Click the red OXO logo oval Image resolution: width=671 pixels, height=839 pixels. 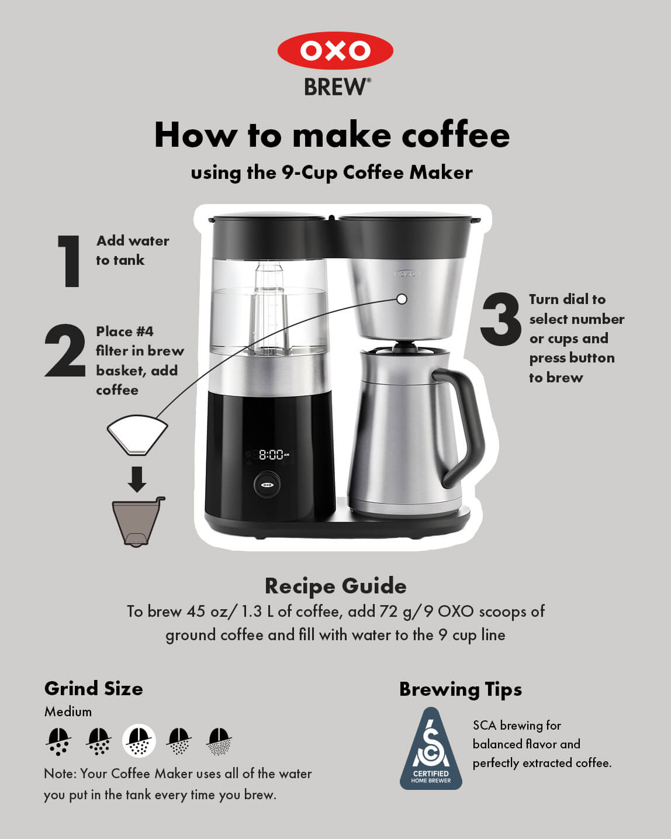point(335,51)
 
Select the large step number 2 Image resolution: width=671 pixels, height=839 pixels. point(65,351)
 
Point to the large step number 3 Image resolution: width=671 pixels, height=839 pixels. point(501,319)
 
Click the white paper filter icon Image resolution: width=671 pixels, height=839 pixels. point(137,434)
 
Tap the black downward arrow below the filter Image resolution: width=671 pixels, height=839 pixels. point(137,479)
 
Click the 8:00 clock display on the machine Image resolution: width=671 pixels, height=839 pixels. point(271,454)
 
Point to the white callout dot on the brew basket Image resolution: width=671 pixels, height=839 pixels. point(402,299)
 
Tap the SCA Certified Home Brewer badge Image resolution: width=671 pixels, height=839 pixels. point(431,750)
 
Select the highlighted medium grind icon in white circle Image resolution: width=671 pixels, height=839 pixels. point(139,741)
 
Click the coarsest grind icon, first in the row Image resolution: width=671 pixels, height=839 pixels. point(58,741)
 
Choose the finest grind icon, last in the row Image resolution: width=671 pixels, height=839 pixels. point(220,741)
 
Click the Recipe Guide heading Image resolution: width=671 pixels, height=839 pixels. point(335,586)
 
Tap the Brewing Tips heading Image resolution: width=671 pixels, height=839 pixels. point(461,689)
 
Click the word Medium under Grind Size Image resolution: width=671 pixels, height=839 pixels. point(68,712)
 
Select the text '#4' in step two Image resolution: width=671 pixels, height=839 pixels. point(144,332)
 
